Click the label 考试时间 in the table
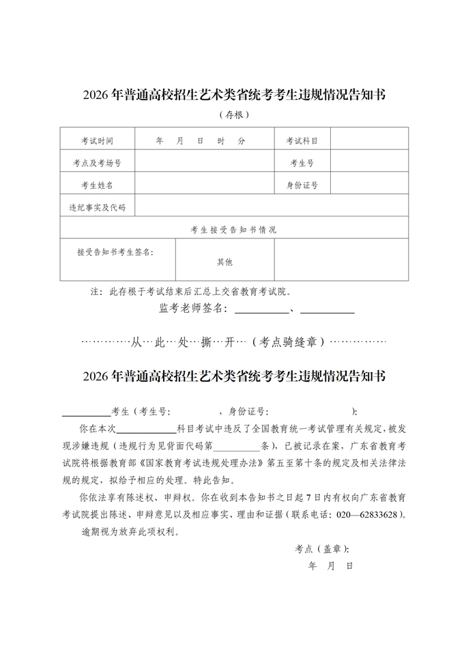(97, 141)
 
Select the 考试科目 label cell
(302, 141)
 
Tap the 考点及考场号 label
(97, 163)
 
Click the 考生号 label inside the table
(302, 163)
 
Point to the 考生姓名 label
(97, 185)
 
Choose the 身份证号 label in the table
(302, 185)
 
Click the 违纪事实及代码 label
(97, 207)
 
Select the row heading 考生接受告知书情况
(233, 229)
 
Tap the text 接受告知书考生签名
(115, 252)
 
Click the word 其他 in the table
(224, 262)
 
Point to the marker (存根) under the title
(233, 115)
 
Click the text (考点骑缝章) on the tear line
(290, 341)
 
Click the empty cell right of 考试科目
(370, 141)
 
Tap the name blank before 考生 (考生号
(86, 412)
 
